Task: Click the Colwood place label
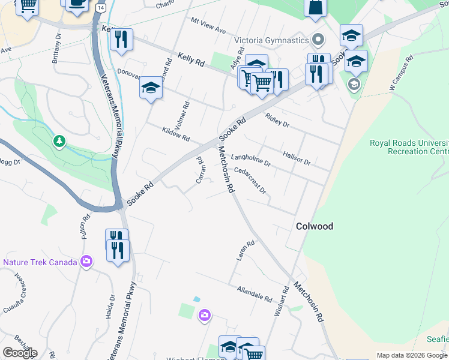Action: [x=315, y=226]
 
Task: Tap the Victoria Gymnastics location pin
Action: [x=319, y=40]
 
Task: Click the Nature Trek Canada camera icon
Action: [x=87, y=262]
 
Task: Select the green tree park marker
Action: [x=59, y=142]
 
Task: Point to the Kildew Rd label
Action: [x=176, y=134]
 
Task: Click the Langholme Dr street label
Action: [x=251, y=158]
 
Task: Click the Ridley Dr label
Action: [x=277, y=122]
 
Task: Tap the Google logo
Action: [x=20, y=353]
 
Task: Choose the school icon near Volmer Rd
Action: [x=151, y=89]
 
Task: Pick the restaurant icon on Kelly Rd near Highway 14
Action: [x=122, y=40]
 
